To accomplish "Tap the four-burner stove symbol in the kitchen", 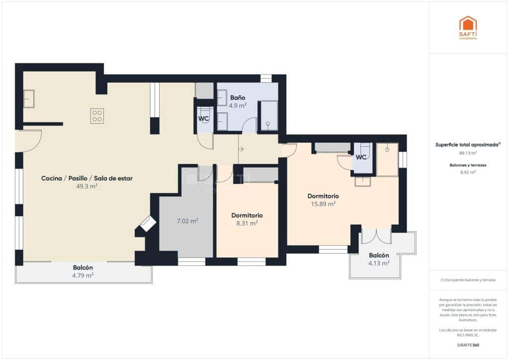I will point(97,116).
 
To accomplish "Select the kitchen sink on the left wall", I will point(28,99).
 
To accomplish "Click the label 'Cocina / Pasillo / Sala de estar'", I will point(87,178).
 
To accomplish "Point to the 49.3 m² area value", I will point(87,186).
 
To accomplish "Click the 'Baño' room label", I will point(238,97).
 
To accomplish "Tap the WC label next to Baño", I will point(204,119).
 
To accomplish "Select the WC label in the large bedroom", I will point(361,157).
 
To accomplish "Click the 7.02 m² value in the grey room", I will point(188,221).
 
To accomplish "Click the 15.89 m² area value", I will point(323,203).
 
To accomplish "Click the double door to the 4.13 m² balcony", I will point(376,235).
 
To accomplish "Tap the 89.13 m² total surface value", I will point(467,153).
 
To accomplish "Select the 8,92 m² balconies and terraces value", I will point(467,172).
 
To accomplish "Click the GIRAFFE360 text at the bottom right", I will point(467,345).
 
